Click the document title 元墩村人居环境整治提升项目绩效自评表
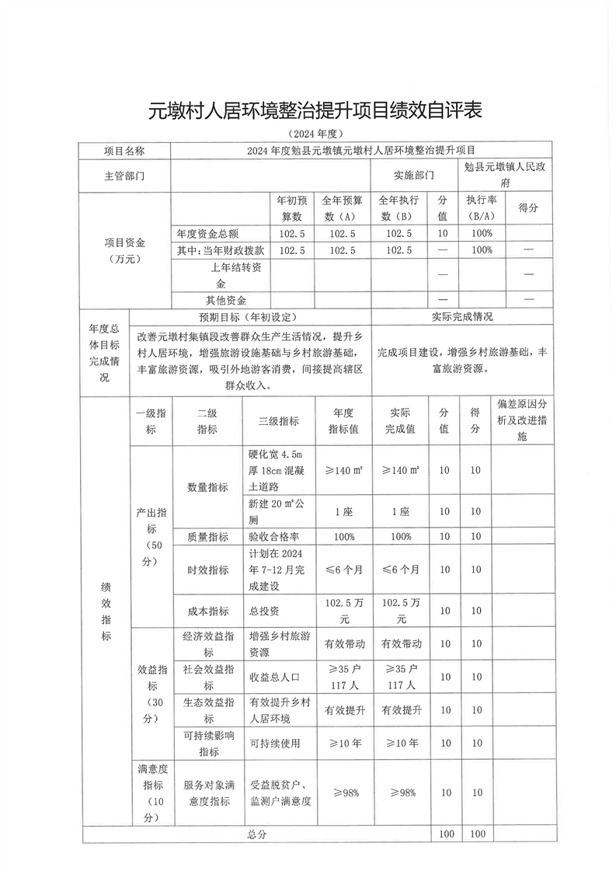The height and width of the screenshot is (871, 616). pos(315,110)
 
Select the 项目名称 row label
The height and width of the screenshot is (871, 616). pos(124,150)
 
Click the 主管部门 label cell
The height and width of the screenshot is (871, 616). pos(124,176)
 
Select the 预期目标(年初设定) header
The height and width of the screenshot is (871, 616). pos(249,317)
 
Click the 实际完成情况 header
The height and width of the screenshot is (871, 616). pos(461,317)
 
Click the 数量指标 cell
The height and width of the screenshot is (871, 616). pos(207,487)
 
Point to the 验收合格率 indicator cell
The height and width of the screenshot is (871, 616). pos(269,536)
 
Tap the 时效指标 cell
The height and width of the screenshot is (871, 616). pos(207,570)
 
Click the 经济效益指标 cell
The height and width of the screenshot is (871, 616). pos(207,643)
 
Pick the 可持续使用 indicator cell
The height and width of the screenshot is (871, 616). pos(273,744)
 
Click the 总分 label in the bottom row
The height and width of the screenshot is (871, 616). pos(257,834)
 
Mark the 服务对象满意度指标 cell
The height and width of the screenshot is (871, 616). pos(207,793)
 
